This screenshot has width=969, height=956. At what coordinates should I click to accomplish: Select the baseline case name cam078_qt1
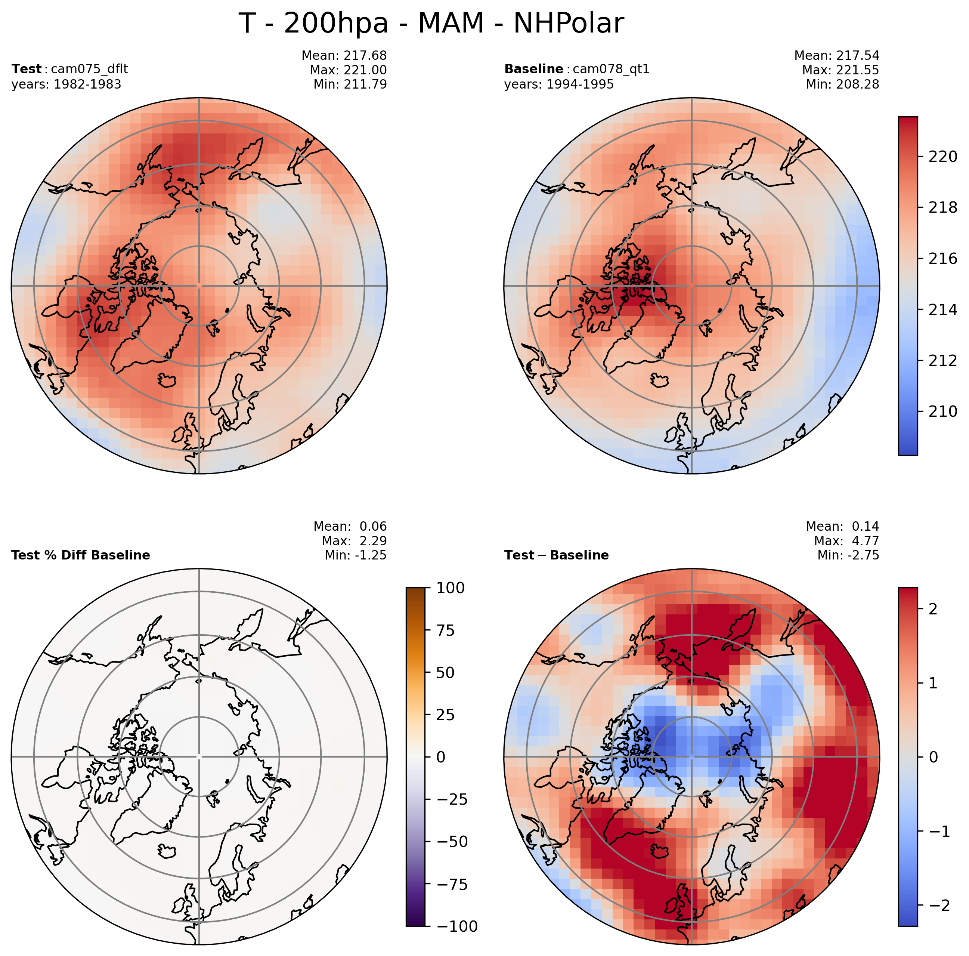click(x=611, y=69)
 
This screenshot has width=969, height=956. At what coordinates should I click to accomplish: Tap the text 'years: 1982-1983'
click(x=66, y=84)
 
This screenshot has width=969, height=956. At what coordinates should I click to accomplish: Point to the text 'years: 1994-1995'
click(x=559, y=84)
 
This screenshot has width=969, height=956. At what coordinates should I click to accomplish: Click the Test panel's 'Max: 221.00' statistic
click(x=348, y=70)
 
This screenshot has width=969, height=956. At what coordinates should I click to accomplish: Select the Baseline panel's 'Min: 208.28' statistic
click(x=842, y=84)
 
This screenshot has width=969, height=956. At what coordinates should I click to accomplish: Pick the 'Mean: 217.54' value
click(x=837, y=55)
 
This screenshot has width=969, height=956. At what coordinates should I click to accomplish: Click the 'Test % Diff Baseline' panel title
click(x=80, y=555)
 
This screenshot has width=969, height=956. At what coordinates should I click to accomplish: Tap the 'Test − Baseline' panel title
click(x=556, y=555)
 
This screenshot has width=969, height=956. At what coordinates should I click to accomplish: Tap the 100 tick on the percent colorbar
click(x=450, y=588)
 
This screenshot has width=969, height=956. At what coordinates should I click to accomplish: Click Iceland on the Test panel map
click(x=167, y=380)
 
